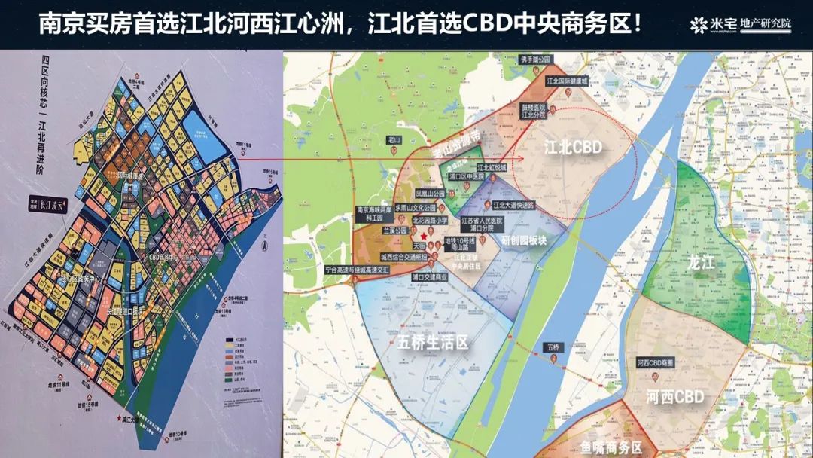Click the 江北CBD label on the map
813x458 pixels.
[x=574, y=148]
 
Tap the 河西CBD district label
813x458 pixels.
[x=675, y=397]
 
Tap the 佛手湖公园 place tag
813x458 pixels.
[x=536, y=59]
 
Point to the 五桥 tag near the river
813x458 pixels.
[x=555, y=347]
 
